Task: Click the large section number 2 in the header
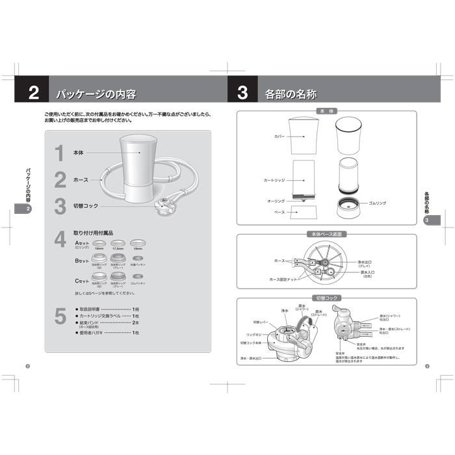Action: point(34,92)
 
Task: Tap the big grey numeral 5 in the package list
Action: point(60,317)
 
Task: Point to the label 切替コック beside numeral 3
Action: point(86,206)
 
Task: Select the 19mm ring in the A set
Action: point(138,242)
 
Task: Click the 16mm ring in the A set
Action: point(99,242)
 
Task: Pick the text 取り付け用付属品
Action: point(94,232)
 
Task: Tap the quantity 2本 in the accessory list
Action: point(136,322)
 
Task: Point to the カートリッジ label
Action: point(274,179)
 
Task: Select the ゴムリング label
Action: point(377,203)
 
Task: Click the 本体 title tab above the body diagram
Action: point(326,112)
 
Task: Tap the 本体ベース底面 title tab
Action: point(326,234)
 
